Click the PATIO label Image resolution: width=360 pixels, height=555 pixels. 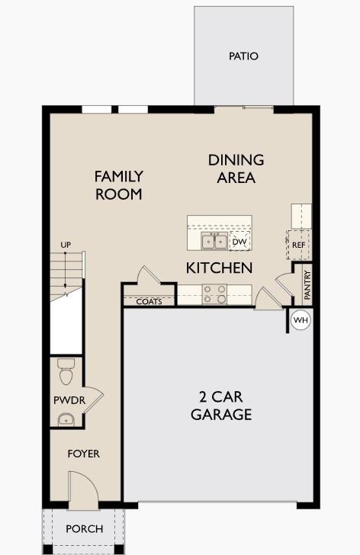(x=243, y=56)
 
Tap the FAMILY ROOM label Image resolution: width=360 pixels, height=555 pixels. (x=118, y=185)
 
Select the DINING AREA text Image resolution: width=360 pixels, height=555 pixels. (x=236, y=168)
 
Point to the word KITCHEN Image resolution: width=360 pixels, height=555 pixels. (x=220, y=268)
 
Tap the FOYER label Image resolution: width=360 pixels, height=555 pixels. (x=83, y=454)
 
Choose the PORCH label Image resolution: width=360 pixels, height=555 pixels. (x=84, y=529)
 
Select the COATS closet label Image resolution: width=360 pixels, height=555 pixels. (x=149, y=302)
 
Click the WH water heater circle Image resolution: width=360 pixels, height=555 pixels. (x=301, y=321)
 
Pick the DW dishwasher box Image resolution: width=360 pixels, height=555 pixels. (x=239, y=242)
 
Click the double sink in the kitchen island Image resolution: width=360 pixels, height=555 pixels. (x=214, y=242)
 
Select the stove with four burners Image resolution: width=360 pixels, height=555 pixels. (x=214, y=294)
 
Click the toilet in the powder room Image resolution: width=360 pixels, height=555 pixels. (x=65, y=373)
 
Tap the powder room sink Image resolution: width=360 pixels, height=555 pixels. (x=66, y=419)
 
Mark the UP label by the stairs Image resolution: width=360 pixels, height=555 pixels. (x=66, y=245)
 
